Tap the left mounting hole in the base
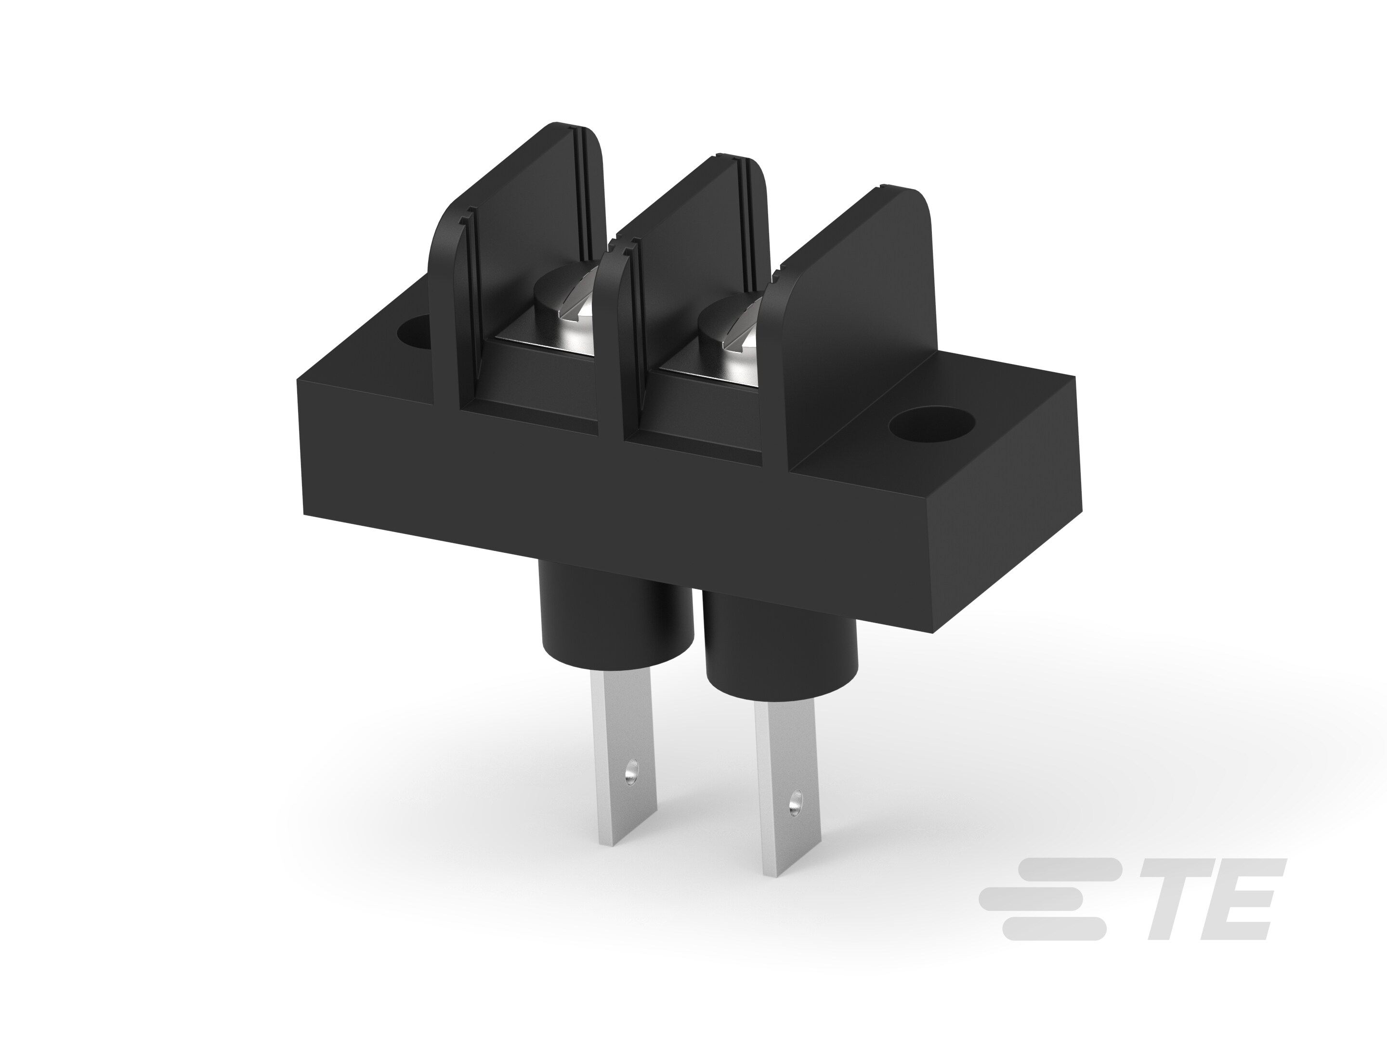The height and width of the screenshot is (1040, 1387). pyautogui.click(x=413, y=334)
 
